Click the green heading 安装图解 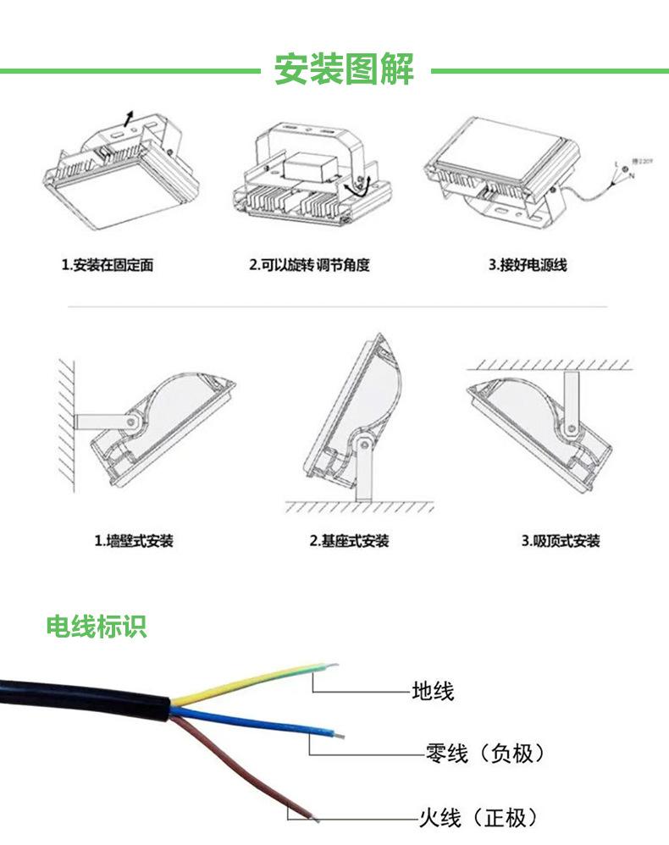(x=344, y=69)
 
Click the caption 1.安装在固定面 (x=108, y=265)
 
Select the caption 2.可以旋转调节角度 (x=309, y=265)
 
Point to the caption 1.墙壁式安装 (x=133, y=540)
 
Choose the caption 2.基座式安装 (x=349, y=540)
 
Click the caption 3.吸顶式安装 (x=560, y=540)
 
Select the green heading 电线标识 (x=96, y=627)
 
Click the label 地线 (x=433, y=691)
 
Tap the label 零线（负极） (x=484, y=753)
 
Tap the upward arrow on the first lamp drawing (x=128, y=117)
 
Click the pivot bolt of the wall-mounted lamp (x=131, y=420)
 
